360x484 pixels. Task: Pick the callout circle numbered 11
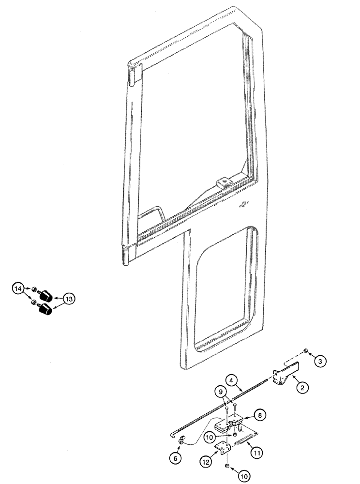click(257, 453)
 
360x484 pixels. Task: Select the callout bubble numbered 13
click(69, 300)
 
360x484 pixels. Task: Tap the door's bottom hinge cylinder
click(127, 257)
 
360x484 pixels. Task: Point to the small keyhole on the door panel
click(244, 205)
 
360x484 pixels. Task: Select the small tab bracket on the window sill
click(224, 182)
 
